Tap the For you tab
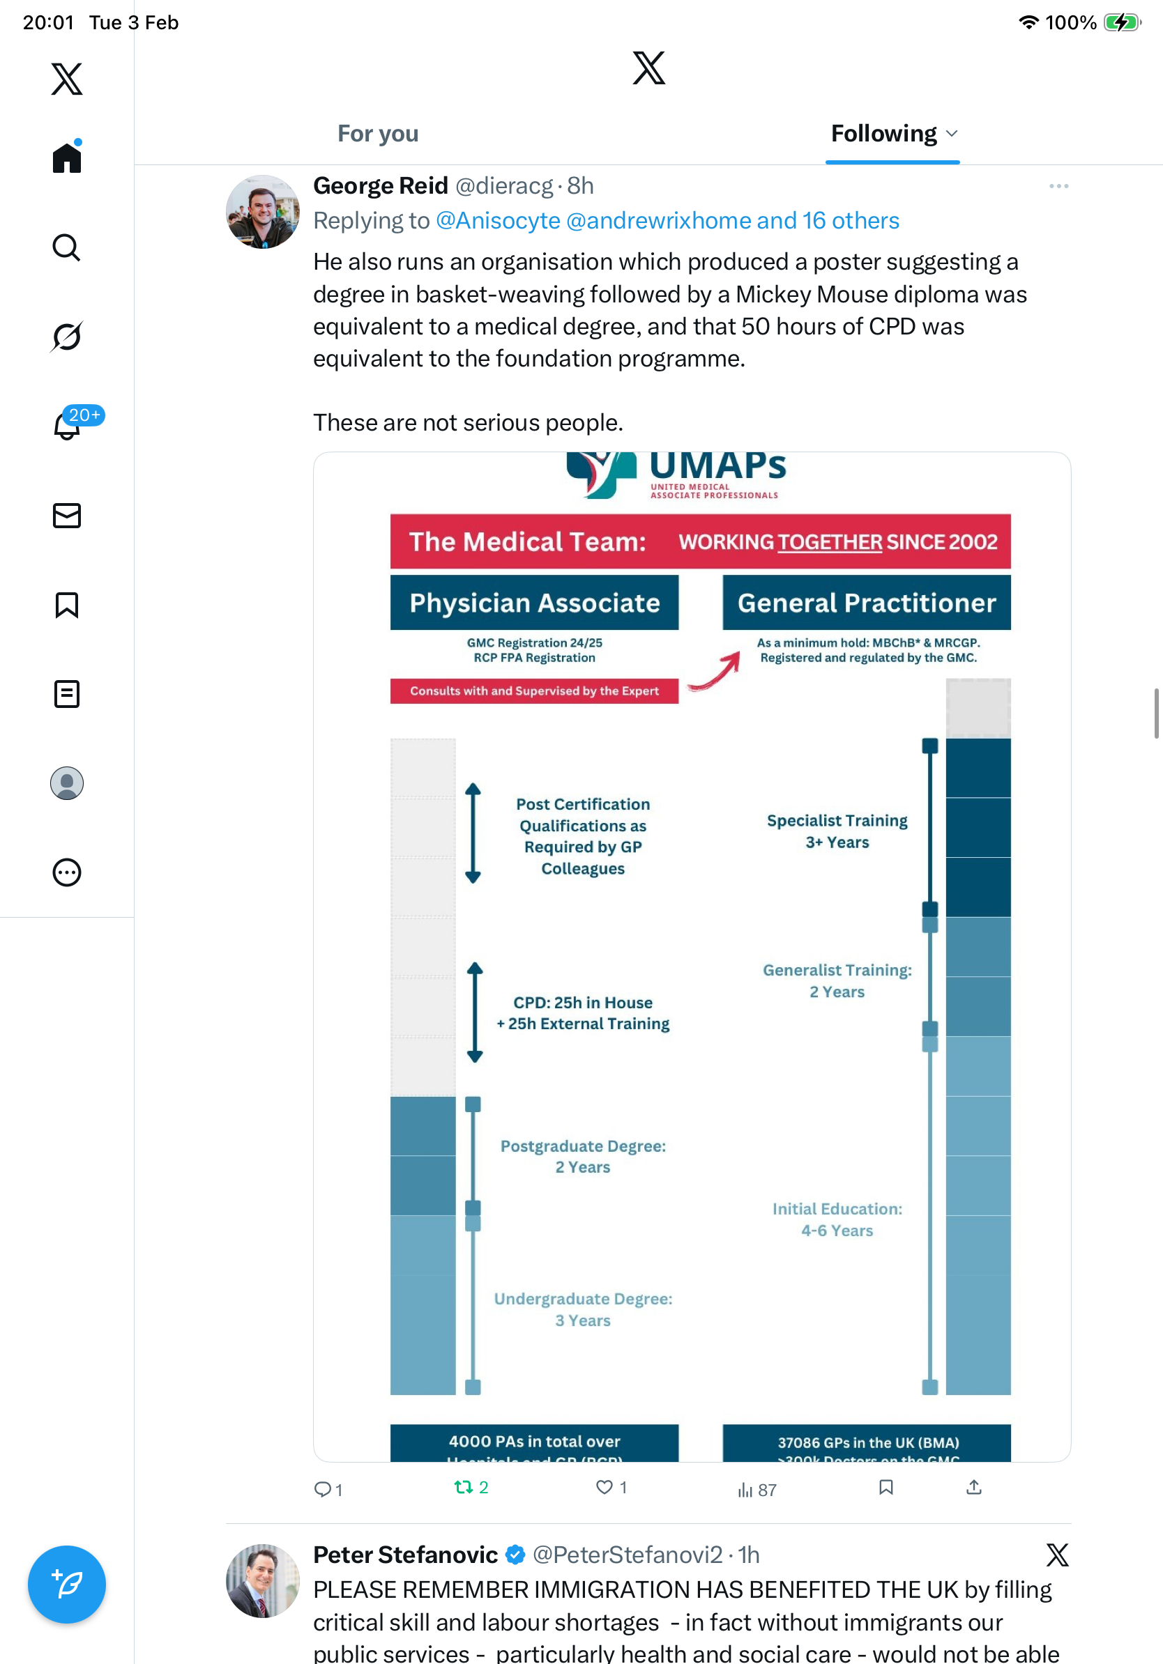[x=378, y=134]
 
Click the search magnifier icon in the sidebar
[x=67, y=248]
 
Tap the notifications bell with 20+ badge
[x=68, y=426]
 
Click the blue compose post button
[x=67, y=1584]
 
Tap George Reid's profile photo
[x=262, y=212]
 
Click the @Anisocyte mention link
[x=497, y=220]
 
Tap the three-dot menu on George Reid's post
[x=1058, y=186]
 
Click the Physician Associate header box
[x=534, y=603]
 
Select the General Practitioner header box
[x=867, y=603]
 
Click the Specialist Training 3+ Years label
[x=837, y=831]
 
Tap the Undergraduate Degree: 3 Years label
[x=583, y=1309]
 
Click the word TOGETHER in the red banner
[x=830, y=542]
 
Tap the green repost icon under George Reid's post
[x=462, y=1488]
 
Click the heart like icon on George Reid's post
[x=604, y=1488]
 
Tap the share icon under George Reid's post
[x=974, y=1488]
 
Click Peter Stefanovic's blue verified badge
[x=515, y=1555]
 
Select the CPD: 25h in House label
[x=583, y=1003]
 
